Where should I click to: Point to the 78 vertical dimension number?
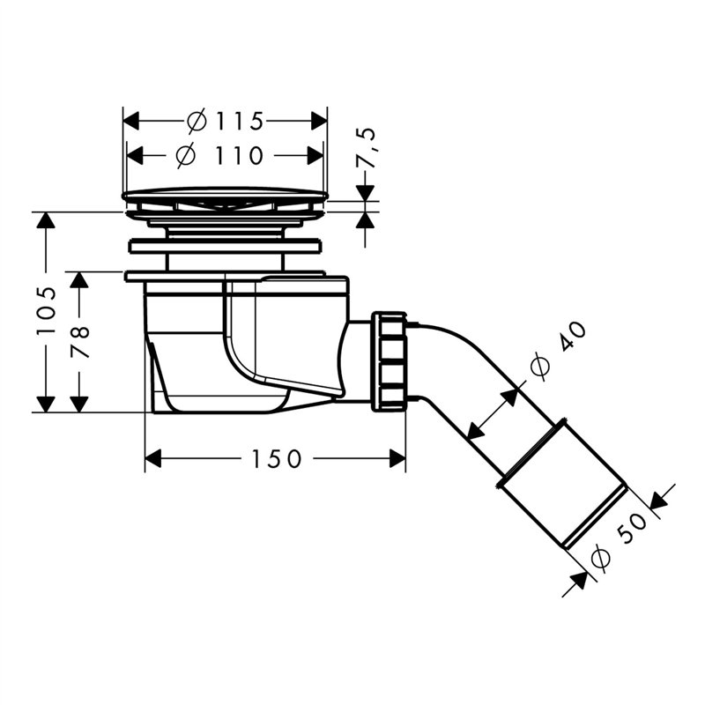click(80, 341)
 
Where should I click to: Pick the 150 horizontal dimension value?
click(274, 459)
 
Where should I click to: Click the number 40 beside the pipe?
click(571, 338)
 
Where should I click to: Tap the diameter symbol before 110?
click(185, 156)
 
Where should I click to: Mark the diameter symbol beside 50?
click(599, 558)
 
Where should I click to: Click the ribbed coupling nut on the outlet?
click(389, 360)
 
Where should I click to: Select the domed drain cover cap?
click(225, 194)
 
